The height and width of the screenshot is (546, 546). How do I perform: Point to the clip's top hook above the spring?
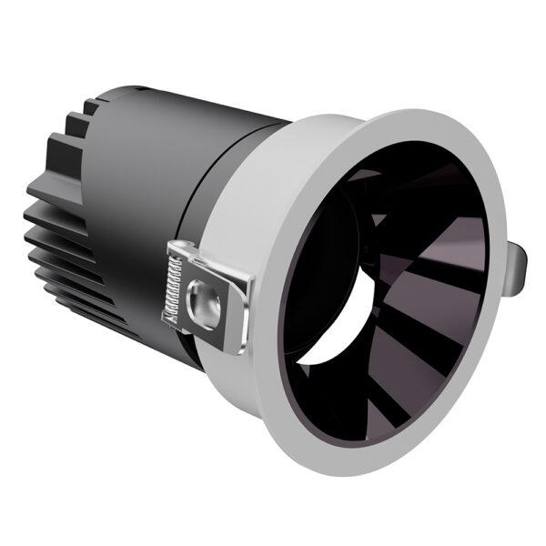(182, 248)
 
